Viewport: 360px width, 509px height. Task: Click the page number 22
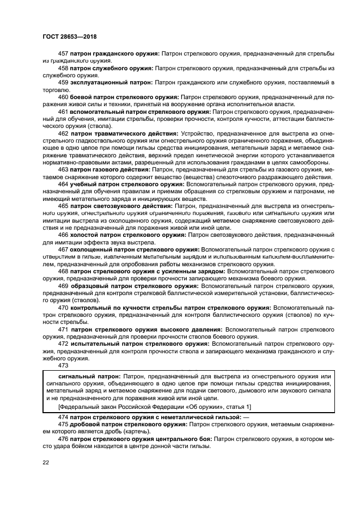pos(46,463)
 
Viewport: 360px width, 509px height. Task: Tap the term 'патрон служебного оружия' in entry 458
pos(112,69)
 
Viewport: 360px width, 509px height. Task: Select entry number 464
pos(63,184)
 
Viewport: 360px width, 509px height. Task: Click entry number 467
pos(63,249)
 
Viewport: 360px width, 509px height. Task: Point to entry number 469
pos(63,285)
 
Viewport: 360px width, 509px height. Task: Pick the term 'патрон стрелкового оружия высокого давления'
pos(147,329)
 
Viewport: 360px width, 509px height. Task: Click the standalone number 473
pos(63,366)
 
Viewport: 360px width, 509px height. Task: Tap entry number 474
pos(63,416)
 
